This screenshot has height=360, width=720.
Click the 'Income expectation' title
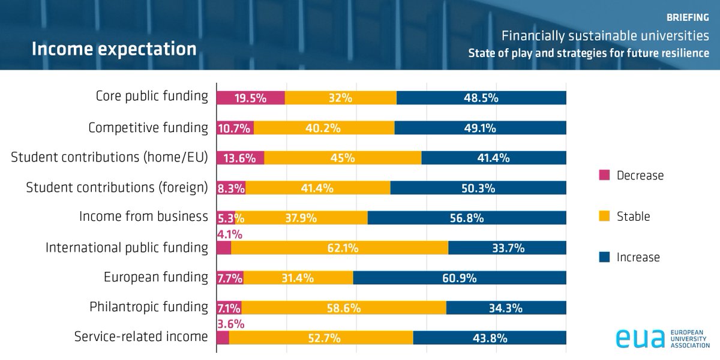pyautogui.click(x=114, y=49)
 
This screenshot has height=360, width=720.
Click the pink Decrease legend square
pyautogui.click(x=605, y=175)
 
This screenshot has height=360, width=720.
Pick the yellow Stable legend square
pyautogui.click(x=605, y=216)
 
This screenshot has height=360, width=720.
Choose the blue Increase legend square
pyautogui.click(x=605, y=257)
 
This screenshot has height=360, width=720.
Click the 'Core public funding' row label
pyautogui.click(x=152, y=97)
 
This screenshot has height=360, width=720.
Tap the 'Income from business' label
pyautogui.click(x=143, y=216)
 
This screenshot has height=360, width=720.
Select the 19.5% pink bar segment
pyautogui.click(x=250, y=98)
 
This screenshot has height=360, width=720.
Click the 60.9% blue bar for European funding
pyautogui.click(x=460, y=278)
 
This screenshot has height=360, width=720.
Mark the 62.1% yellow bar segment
pyautogui.click(x=340, y=248)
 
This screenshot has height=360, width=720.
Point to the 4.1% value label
pyautogui.click(x=229, y=233)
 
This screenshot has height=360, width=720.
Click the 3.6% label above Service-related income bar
pyautogui.click(x=229, y=323)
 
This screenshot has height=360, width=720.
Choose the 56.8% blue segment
pyautogui.click(x=467, y=218)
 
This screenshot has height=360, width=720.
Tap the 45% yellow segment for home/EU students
pyautogui.click(x=343, y=158)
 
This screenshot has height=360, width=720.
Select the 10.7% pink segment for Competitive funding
pyautogui.click(x=235, y=128)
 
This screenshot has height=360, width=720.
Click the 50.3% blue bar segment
pyautogui.click(x=478, y=188)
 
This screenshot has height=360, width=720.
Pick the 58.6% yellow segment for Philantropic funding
pyautogui.click(x=344, y=308)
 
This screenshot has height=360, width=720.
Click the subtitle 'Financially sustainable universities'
pyautogui.click(x=605, y=37)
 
